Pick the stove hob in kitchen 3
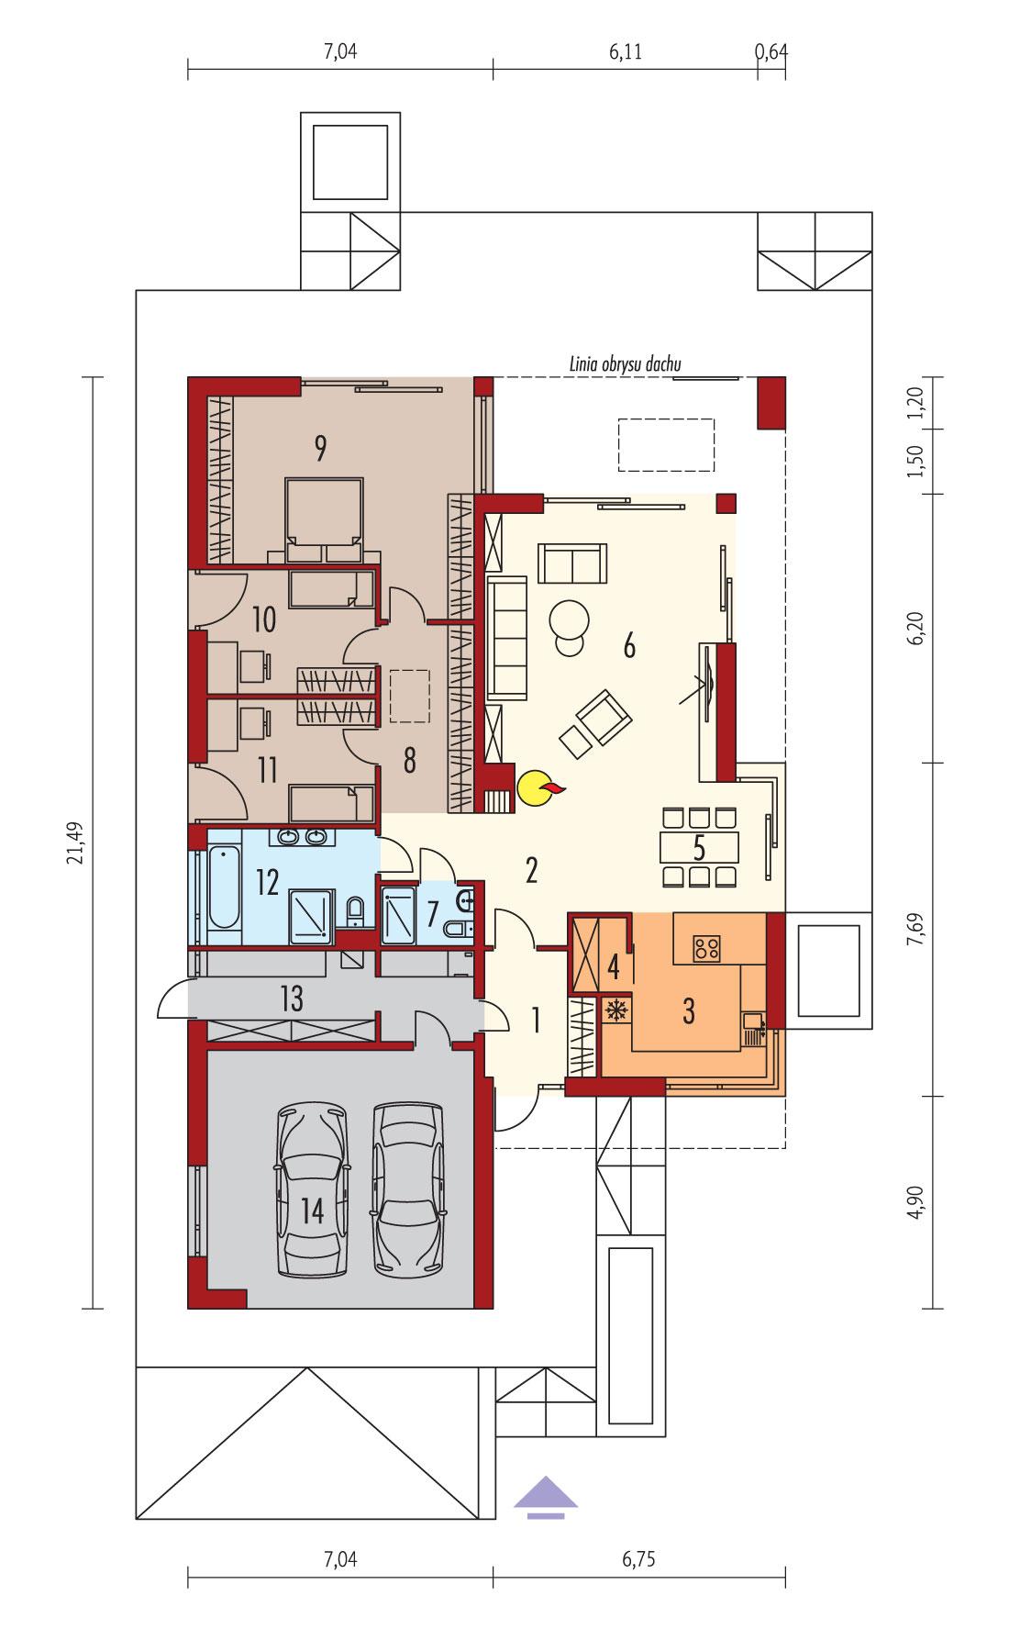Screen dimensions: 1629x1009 [x=706, y=947]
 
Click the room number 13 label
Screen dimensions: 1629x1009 [x=292, y=999]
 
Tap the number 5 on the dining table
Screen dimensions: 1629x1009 [x=699, y=847]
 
